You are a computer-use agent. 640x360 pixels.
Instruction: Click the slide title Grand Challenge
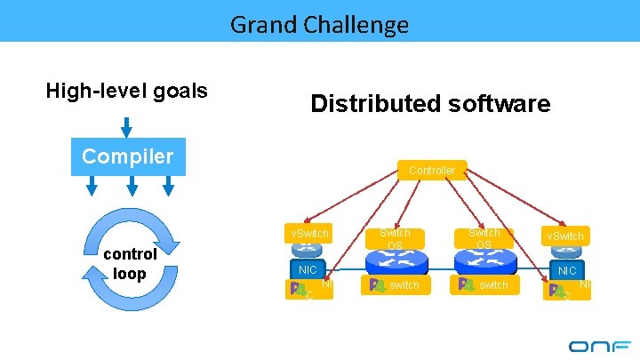click(x=320, y=24)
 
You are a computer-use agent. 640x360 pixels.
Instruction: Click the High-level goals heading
click(x=127, y=90)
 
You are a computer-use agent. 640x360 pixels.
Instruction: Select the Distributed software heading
click(x=430, y=104)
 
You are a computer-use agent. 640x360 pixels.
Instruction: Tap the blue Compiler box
click(x=128, y=156)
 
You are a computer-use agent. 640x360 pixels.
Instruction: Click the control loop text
click(x=130, y=263)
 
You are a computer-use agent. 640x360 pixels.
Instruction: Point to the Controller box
click(x=432, y=170)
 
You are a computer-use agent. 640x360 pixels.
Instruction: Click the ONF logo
click(x=599, y=346)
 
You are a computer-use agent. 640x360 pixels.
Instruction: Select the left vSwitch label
click(x=308, y=234)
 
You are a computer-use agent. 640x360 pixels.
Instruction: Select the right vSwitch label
click(x=565, y=236)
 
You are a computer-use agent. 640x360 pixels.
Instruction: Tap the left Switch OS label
click(x=395, y=238)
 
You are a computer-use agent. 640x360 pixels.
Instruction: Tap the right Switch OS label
click(x=484, y=238)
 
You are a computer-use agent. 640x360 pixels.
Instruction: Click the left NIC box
click(x=308, y=269)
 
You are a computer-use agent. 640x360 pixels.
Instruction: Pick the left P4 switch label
click(x=395, y=284)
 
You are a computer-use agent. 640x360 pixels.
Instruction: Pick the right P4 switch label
click(x=484, y=284)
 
